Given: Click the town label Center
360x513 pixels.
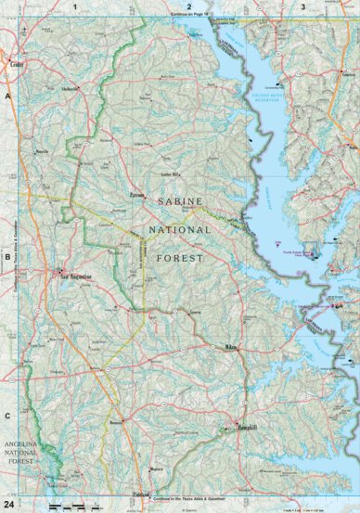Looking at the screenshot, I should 16,65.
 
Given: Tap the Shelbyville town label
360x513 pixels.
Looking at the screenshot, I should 70,89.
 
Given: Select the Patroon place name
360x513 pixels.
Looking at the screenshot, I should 136,196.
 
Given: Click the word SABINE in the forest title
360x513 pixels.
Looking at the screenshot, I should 178,200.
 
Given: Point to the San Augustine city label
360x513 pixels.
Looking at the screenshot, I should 74,276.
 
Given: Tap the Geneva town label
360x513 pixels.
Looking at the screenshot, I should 195,313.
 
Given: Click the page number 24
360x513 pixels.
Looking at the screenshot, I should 8,503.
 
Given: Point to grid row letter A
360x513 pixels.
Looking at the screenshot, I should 7,96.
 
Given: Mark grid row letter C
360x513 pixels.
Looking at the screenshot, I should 7,416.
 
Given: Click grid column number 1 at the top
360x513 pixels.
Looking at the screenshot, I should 74,6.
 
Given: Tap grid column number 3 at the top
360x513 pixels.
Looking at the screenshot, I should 302,6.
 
